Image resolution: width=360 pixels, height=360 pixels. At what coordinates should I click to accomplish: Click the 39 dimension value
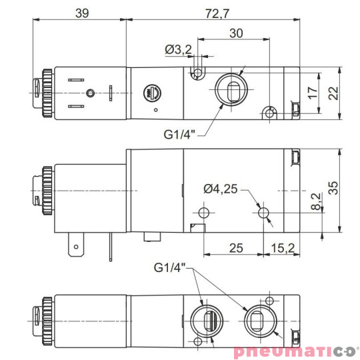81,13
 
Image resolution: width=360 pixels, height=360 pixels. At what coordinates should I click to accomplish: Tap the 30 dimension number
235,33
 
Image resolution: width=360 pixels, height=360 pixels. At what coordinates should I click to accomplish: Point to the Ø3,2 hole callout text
178,49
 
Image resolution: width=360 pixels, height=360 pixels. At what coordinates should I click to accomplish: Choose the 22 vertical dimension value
333,93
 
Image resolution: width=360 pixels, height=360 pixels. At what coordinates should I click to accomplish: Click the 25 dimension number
235,249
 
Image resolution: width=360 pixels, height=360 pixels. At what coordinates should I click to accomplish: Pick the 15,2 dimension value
283,249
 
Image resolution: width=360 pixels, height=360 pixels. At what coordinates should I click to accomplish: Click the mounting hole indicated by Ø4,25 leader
265,213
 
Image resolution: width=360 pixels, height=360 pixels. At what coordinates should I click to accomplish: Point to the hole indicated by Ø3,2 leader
197,72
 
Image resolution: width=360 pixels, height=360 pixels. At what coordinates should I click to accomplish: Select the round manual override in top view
151,91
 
